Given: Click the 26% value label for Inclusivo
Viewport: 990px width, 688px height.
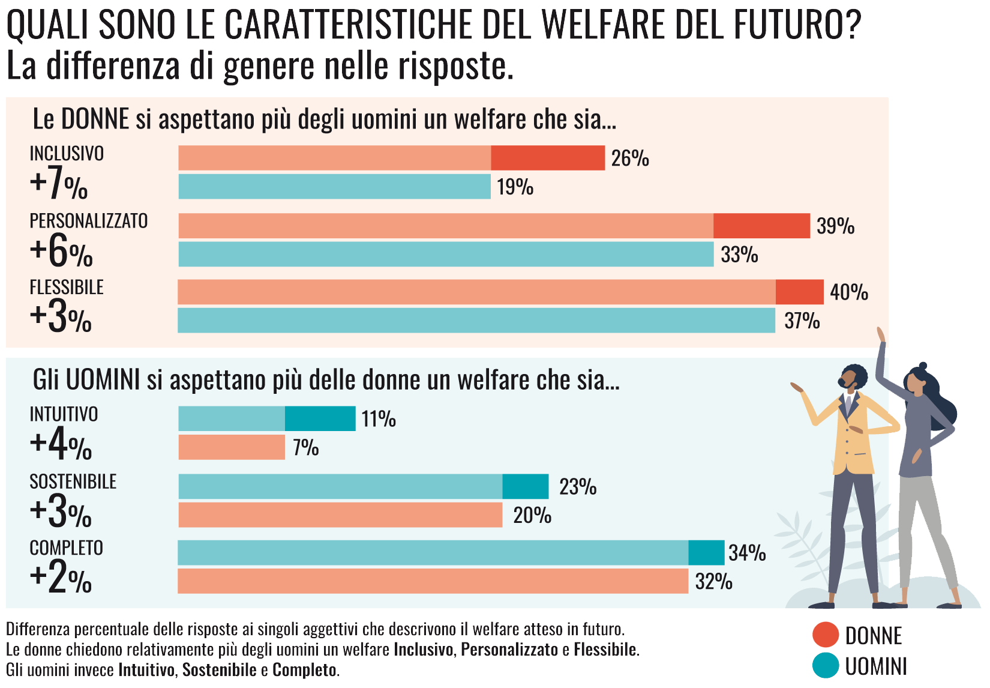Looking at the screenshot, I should [630, 158].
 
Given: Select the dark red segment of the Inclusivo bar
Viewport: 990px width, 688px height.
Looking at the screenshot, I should [548, 158].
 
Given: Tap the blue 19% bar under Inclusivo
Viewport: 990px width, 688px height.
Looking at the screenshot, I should [334, 187].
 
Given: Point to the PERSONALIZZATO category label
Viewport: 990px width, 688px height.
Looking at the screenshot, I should [89, 221].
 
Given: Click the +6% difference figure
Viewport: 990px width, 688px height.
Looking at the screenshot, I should [61, 251].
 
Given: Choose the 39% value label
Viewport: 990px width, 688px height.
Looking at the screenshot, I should [835, 226].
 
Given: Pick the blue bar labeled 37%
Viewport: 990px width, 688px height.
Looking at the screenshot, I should [476, 321].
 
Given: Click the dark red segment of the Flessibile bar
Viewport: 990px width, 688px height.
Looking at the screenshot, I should [799, 292].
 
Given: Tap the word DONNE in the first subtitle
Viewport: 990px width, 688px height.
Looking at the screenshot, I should [95, 119].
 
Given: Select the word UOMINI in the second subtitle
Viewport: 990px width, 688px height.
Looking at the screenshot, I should [103, 380].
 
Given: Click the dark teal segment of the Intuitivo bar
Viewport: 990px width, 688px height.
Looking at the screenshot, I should [320, 418].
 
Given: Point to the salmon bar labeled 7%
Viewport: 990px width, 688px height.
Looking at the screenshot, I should [232, 447].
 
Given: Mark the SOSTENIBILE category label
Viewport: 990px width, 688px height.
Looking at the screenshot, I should [73, 481].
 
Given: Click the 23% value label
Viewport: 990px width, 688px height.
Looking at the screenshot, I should [578, 487].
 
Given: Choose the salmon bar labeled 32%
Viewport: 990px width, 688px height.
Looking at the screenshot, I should [433, 581].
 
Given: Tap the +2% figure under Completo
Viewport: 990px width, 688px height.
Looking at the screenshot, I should [61, 578].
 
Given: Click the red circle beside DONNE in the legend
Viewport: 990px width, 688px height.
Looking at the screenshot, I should [825, 635].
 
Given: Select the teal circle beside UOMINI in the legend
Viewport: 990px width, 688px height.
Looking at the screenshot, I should [825, 666].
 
